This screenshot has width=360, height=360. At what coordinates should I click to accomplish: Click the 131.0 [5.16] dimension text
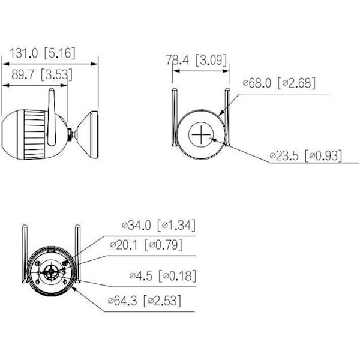[x=42, y=53]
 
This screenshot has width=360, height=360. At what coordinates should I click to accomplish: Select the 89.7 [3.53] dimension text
[x=42, y=74]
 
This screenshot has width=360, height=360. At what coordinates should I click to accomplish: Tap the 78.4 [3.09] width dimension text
[x=196, y=60]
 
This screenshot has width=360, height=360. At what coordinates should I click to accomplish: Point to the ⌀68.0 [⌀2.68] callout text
[x=279, y=83]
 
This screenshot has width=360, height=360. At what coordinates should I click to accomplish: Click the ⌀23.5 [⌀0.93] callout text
[x=306, y=156]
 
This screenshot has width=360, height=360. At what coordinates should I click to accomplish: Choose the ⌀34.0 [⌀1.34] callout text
[x=158, y=225]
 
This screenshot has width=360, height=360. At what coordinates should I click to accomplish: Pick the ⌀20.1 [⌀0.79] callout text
[x=146, y=245]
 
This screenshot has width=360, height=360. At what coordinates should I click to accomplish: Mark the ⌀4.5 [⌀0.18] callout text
[x=163, y=276]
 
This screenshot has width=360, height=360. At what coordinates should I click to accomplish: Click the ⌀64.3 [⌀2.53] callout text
[x=145, y=301]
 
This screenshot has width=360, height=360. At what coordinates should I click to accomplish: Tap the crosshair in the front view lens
[x=201, y=134]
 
